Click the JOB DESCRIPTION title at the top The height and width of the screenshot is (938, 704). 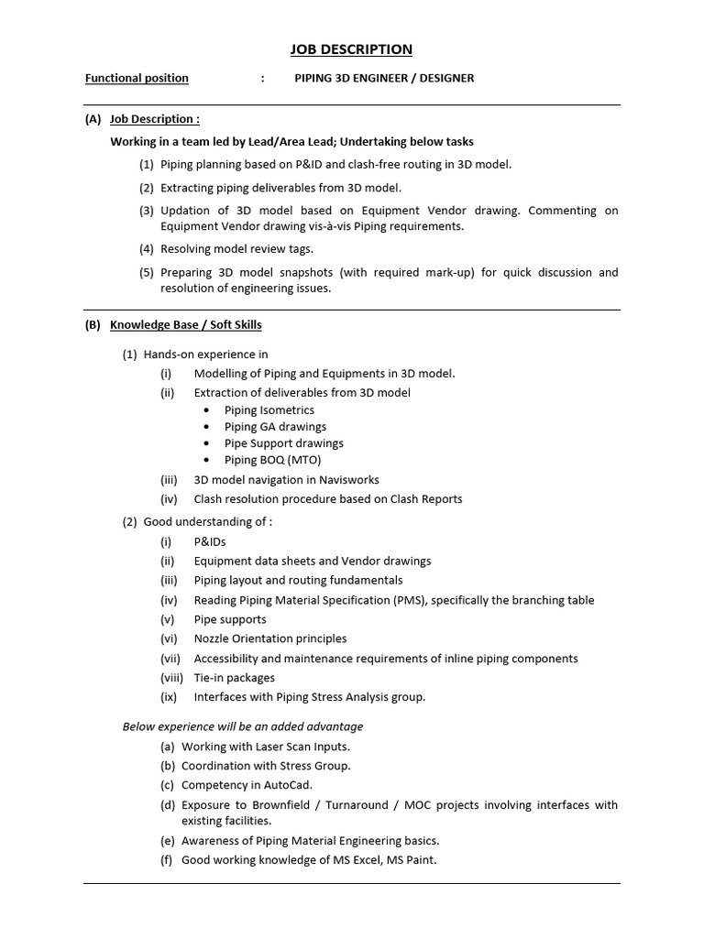click(352, 49)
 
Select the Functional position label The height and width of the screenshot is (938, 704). click(137, 78)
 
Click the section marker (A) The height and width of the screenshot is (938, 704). click(93, 119)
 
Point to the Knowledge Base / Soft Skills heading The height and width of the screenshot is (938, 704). click(185, 324)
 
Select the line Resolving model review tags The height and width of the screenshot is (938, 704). click(236, 248)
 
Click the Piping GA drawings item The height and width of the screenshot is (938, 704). click(275, 427)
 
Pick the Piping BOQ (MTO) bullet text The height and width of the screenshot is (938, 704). click(272, 460)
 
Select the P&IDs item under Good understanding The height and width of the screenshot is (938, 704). click(209, 541)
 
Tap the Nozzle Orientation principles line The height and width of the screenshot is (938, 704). click(269, 638)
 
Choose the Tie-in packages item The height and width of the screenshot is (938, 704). click(234, 678)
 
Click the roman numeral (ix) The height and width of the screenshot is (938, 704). click(168, 697)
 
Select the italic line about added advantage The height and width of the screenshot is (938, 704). click(243, 726)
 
